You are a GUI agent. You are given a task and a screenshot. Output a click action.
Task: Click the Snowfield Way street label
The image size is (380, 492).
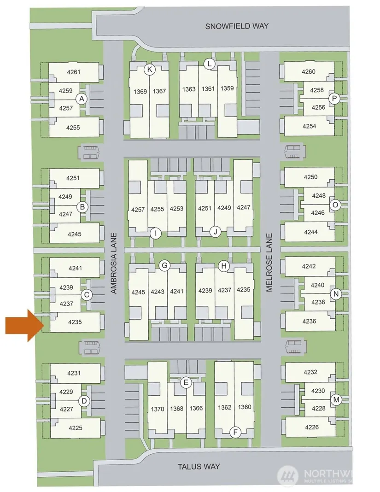237,26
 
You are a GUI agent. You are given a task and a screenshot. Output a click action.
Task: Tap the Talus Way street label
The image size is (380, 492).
199,467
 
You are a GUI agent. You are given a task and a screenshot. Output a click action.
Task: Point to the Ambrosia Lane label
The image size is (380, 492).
114,263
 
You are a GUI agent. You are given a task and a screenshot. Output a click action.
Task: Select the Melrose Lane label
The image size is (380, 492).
269,262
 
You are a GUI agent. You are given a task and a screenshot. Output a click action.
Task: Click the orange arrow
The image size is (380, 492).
24,325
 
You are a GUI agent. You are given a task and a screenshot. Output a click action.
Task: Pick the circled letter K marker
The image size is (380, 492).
150,70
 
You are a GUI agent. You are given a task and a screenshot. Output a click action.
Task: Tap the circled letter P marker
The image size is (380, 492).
334,99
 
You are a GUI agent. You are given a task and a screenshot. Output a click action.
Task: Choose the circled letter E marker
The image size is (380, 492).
186,382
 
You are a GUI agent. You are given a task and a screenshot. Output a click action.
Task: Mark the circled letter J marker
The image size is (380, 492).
215,232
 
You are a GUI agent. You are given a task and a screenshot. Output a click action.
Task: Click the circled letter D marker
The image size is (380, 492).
84,401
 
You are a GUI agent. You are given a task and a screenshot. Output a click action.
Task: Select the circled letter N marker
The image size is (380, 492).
336,294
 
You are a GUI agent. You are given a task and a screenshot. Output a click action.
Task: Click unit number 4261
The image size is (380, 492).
73,72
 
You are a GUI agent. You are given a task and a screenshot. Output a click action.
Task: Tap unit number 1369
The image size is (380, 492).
140,92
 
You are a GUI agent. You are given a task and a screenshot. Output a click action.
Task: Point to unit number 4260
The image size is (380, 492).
309,71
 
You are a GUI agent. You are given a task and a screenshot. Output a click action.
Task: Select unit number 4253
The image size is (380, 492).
177,209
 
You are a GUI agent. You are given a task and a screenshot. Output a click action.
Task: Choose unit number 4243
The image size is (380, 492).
158,292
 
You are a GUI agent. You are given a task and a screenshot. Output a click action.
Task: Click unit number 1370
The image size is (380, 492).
158,409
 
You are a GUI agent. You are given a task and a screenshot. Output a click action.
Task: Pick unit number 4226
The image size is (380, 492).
311,427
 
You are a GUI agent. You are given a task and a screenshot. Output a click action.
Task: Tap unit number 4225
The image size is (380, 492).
76,428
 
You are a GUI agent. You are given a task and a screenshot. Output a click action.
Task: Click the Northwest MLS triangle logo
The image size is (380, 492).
288,475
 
